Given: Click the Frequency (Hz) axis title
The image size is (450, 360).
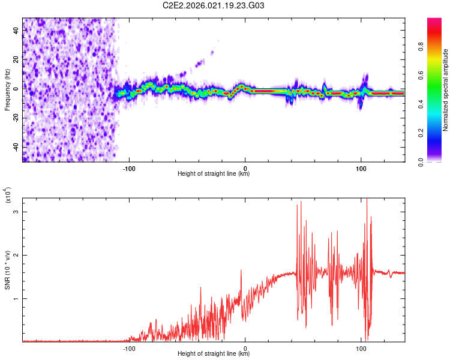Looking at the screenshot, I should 8,90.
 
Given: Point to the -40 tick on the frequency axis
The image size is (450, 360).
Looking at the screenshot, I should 15,146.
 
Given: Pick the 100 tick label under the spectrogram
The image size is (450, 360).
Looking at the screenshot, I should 361,168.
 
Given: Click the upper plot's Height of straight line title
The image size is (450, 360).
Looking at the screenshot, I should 214,174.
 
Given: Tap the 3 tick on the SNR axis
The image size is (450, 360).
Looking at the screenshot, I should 17,212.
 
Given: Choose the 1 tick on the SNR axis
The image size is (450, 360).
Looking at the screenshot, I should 17,298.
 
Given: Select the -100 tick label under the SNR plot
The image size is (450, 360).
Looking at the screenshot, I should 129,347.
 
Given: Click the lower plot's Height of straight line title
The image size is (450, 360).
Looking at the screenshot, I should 214,354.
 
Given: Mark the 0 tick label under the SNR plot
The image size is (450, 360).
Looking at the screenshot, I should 245,347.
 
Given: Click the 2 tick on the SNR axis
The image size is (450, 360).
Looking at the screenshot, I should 17,255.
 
